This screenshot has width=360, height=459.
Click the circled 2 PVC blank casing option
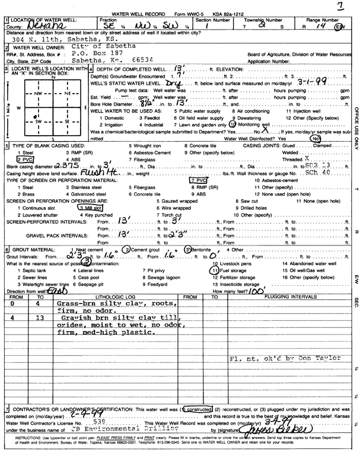pos(26,159)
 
